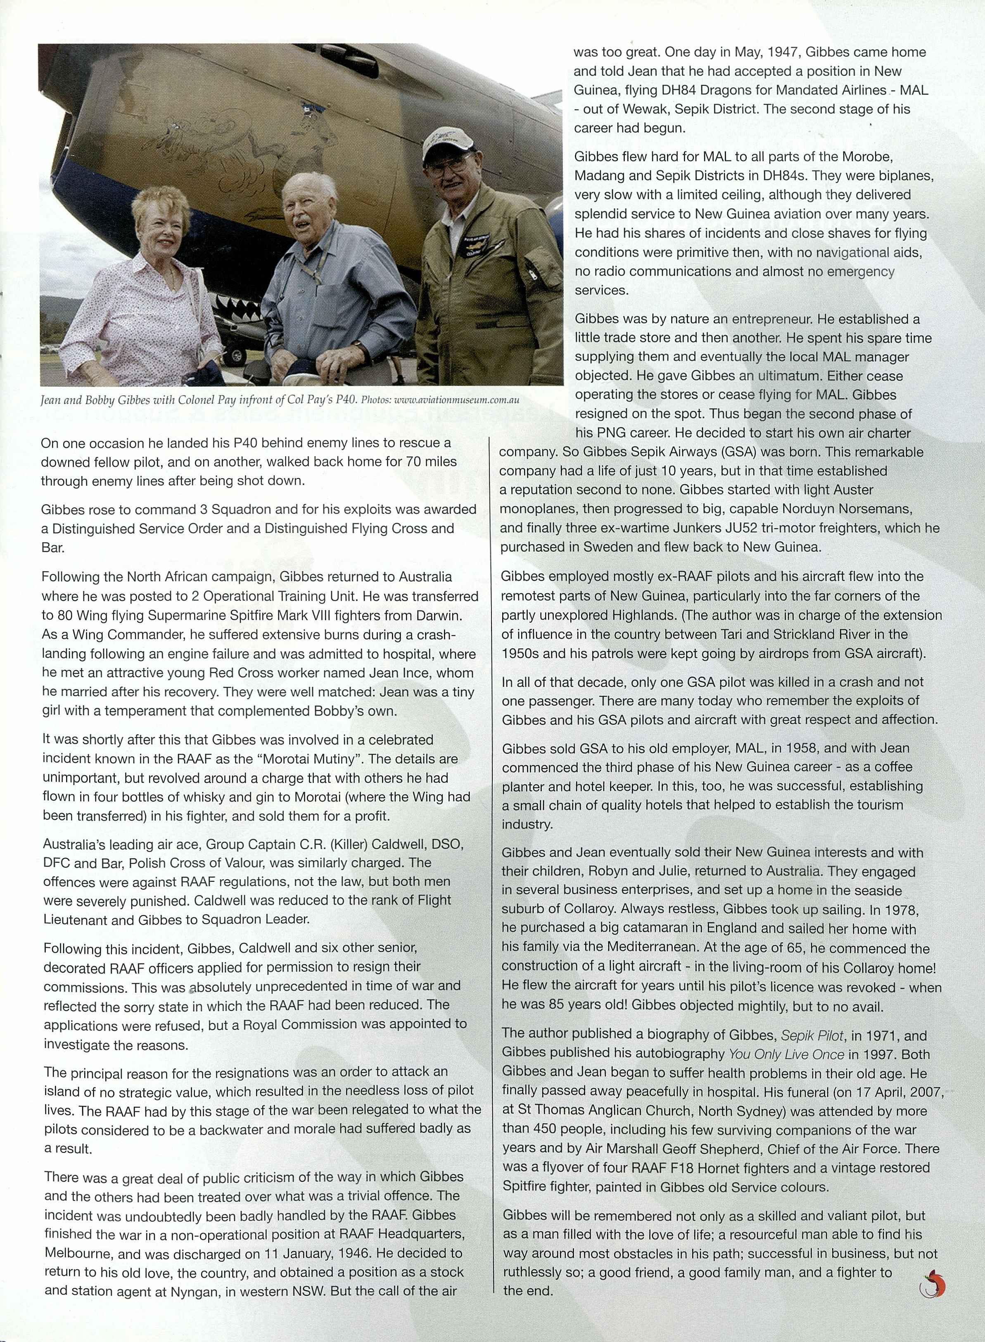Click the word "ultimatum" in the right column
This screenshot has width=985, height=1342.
pos(790,376)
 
